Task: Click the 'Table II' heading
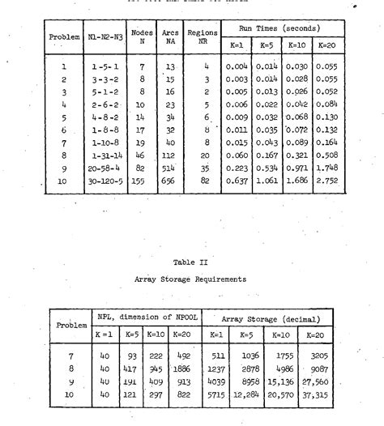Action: (x=192, y=262)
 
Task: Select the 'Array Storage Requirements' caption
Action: (x=192, y=279)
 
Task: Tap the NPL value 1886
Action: (x=182, y=368)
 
